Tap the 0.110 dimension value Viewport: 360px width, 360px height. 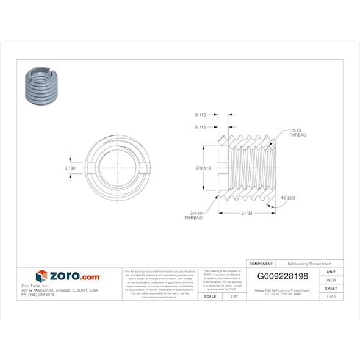click(201, 115)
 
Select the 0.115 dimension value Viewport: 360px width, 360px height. click(201, 127)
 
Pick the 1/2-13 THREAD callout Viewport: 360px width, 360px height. click(297, 133)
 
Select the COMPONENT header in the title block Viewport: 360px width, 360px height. click(261, 264)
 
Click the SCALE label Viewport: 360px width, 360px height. click(210, 296)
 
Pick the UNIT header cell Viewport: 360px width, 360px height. click(331, 272)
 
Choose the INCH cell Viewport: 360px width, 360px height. click(331, 279)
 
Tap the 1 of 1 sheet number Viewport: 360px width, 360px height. click(331, 296)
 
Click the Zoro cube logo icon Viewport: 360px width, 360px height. click(41, 276)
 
